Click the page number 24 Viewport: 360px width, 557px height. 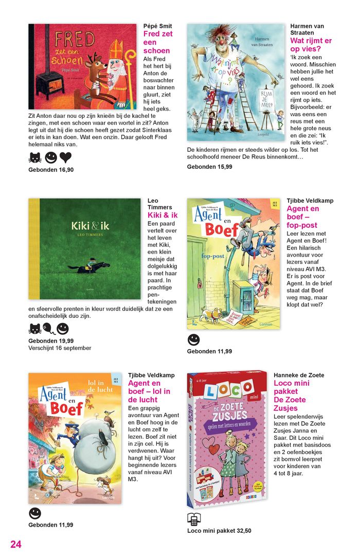pos(16,544)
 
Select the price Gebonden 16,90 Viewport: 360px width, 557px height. pos(51,170)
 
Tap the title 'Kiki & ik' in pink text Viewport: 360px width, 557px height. pos(162,215)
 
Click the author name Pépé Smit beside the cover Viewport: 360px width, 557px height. pos(157,26)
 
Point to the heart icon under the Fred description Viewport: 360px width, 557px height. pos(65,157)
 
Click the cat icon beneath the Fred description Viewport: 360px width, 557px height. pos(35,157)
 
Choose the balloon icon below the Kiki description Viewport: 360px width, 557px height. pos(48,328)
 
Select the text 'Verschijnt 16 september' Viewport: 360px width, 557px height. pos(60,348)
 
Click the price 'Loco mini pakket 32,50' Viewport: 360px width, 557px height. pos(219,531)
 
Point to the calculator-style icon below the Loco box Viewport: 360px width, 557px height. pos(193,518)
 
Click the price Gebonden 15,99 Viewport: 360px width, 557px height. pos(209,167)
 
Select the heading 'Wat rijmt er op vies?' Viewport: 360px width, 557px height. pos(311,44)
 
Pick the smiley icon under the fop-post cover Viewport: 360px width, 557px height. pos(193,339)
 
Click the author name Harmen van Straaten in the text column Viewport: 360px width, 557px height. pos(307,29)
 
